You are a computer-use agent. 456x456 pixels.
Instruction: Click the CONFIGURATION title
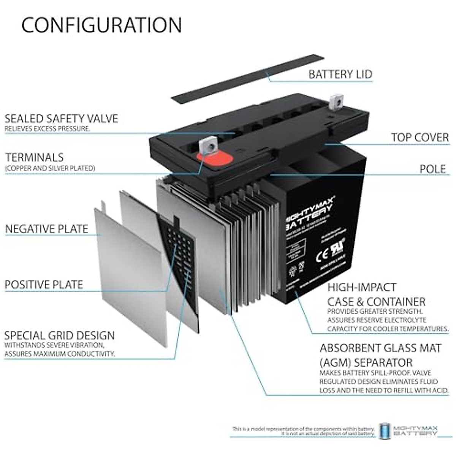tap(101, 25)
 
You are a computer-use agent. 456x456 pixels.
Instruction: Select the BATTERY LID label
tap(340, 74)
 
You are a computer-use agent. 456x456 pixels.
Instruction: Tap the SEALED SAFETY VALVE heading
tap(62, 118)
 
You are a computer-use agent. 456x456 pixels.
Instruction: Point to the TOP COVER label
tap(420, 137)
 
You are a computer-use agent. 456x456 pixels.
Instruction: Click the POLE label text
tap(432, 169)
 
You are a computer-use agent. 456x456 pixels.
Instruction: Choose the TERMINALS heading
tap(35, 157)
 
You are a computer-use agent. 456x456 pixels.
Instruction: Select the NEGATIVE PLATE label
tap(47, 229)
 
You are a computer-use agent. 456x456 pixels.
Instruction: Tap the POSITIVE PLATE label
tap(44, 284)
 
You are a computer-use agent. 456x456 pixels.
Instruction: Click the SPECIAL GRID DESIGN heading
tap(59, 336)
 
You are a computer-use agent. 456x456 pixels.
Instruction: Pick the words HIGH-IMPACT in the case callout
tap(356, 287)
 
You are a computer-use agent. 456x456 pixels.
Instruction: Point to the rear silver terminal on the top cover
tap(336, 101)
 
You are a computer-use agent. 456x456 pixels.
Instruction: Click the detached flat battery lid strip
tap(247, 79)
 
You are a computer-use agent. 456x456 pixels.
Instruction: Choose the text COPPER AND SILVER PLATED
tap(50, 168)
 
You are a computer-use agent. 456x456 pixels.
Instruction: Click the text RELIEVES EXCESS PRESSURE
tap(47, 128)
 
